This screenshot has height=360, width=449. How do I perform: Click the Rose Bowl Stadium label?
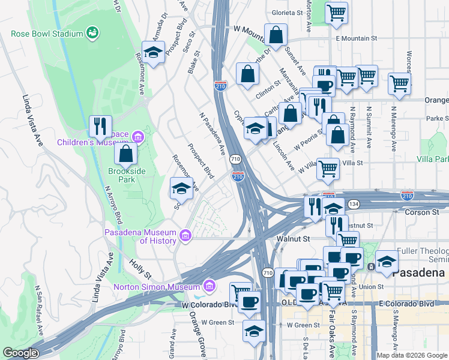tap(47, 34)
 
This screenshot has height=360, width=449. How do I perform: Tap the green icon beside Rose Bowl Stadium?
tap(92, 32)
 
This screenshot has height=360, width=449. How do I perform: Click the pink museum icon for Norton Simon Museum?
tap(209, 284)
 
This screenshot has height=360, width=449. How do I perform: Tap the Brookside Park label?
tap(127, 175)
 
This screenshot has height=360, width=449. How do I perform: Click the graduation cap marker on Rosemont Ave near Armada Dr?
tap(154, 52)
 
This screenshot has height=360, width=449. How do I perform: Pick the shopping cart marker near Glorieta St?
tap(336, 12)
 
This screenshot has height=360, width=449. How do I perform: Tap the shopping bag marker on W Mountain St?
tap(276, 36)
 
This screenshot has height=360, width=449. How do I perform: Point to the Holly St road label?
tap(140, 268)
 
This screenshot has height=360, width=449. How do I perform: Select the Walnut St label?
tap(292, 239)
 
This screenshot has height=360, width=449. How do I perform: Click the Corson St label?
tap(422, 212)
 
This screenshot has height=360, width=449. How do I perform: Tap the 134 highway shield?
tap(355, 204)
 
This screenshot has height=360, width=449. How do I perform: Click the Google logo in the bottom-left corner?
tap(20, 353)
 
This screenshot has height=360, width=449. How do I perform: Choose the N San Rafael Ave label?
tap(40, 310)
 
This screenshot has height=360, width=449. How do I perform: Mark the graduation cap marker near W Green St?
tap(254, 331)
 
